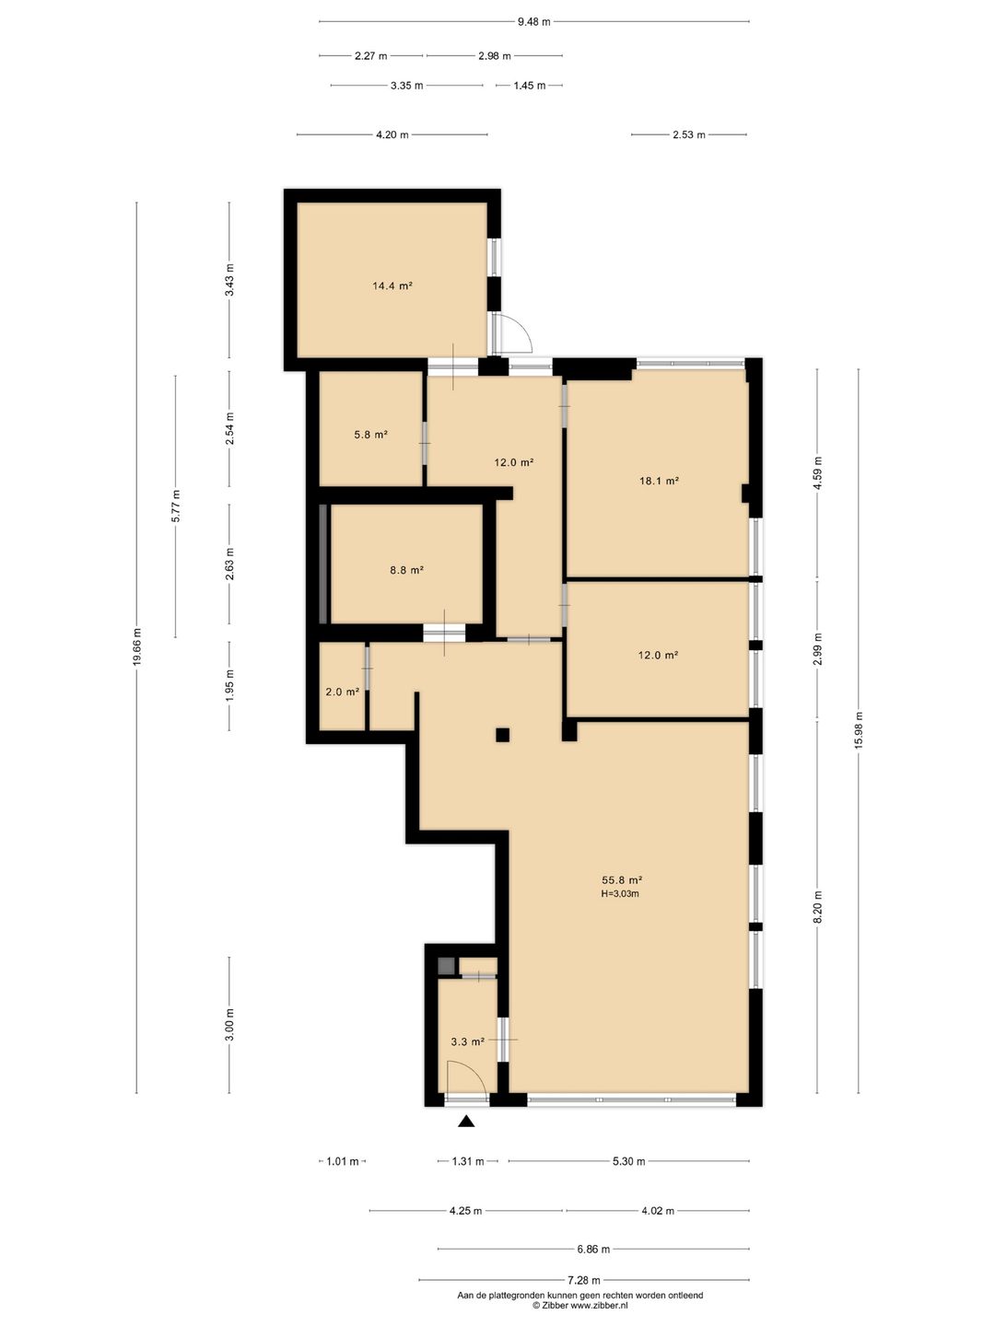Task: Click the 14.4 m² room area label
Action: point(392,285)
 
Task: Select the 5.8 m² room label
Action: point(370,434)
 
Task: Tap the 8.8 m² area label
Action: point(406,569)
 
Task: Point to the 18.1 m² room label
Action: point(659,481)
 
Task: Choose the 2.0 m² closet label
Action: point(343,692)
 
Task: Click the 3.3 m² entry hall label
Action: point(468,1041)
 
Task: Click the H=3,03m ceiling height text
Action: point(620,893)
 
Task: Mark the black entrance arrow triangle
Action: point(466,1122)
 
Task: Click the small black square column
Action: point(503,735)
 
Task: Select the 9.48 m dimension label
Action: point(534,22)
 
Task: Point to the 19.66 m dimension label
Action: point(137,647)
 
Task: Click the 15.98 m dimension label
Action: point(859,730)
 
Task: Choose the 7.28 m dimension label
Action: point(583,1279)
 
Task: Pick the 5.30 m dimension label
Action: point(629,1161)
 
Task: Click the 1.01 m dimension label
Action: point(343,1161)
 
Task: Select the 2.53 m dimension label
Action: point(689,134)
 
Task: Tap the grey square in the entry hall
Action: point(446,965)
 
